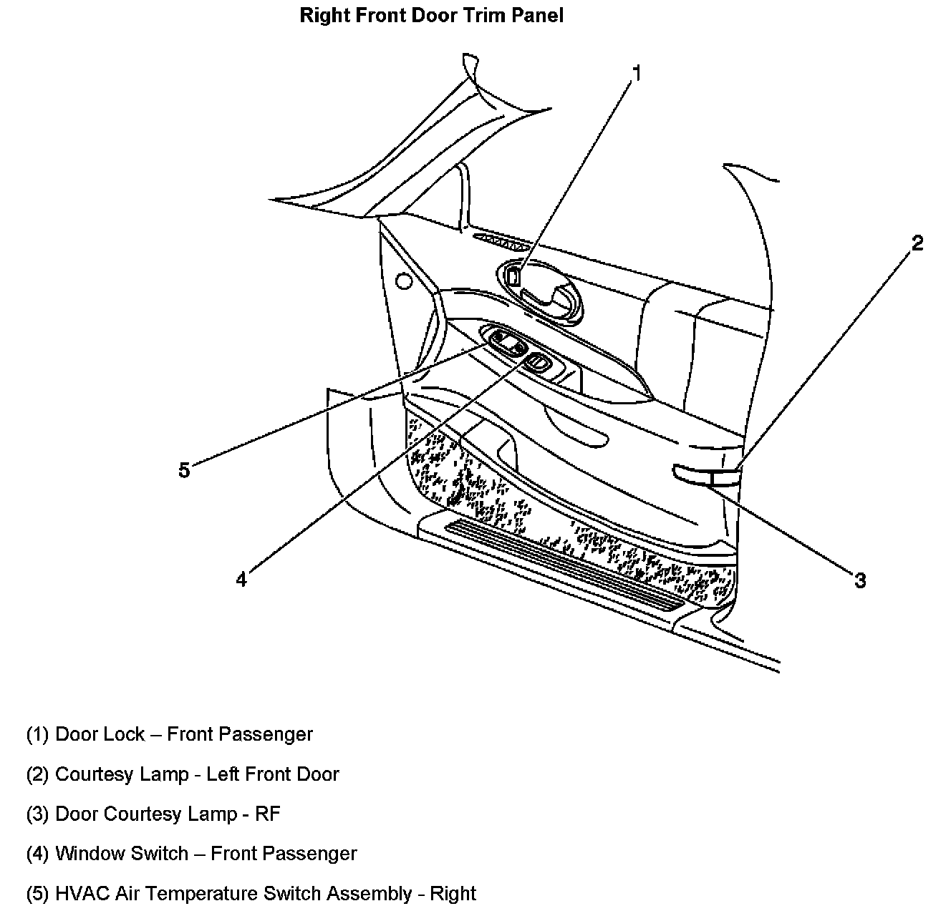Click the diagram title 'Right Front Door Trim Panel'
431,16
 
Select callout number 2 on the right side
917,243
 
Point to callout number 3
860,580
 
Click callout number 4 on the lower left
241,579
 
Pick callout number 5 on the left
184,470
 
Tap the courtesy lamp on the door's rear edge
705,473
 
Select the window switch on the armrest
538,362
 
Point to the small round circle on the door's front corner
404,281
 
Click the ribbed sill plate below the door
566,565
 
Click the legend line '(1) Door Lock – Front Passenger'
170,734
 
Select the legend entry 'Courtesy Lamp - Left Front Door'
197,774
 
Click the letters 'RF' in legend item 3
269,814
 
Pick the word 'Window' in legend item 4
87,854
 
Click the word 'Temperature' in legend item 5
203,894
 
